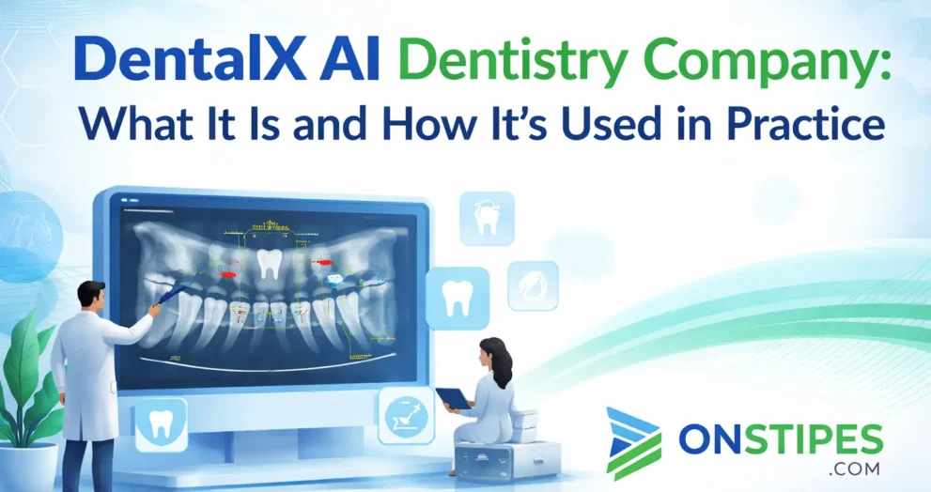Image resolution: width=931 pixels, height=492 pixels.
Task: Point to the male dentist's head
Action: tap(91, 300)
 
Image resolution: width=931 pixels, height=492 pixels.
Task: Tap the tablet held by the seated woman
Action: tap(453, 398)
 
